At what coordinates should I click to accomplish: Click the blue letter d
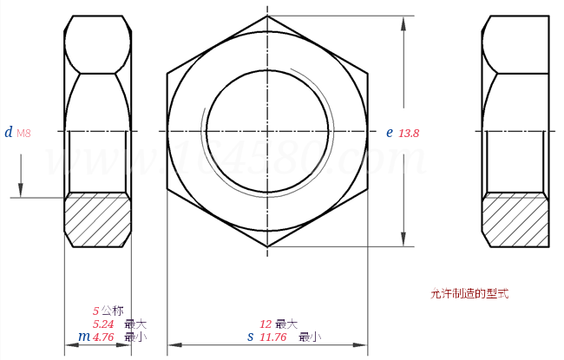[9, 133]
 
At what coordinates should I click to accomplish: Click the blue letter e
[390, 133]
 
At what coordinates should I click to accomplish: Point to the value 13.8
[409, 134]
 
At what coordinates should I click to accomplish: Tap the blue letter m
[84, 337]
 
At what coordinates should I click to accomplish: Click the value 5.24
[103, 324]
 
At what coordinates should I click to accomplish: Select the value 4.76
[103, 337]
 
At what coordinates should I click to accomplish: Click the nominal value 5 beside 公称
[95, 311]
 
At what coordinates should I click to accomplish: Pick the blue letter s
[251, 337]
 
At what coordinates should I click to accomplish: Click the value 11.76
[273, 337]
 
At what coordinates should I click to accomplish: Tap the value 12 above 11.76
[266, 324]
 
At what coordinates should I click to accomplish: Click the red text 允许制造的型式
[469, 294]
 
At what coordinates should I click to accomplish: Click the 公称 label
[112, 311]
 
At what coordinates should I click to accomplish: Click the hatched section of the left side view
[98, 219]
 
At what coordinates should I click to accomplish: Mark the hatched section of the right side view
[515, 219]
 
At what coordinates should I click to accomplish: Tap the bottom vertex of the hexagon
[267, 247]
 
